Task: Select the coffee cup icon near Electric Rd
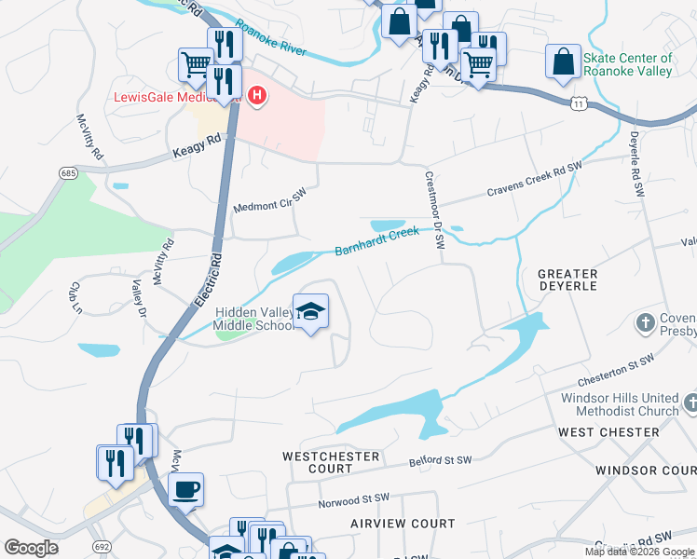click(x=186, y=489)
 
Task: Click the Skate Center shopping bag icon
click(x=564, y=61)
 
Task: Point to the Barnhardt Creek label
click(x=377, y=242)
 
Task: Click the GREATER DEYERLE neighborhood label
click(x=567, y=279)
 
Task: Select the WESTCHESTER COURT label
click(x=331, y=463)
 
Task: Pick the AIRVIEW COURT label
click(x=403, y=525)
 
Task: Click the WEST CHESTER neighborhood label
click(x=608, y=432)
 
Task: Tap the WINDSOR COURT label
click(x=645, y=471)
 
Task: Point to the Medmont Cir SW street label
click(x=269, y=200)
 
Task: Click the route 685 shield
click(x=67, y=173)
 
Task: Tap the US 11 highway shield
click(x=579, y=100)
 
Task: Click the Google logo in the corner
click(x=31, y=547)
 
